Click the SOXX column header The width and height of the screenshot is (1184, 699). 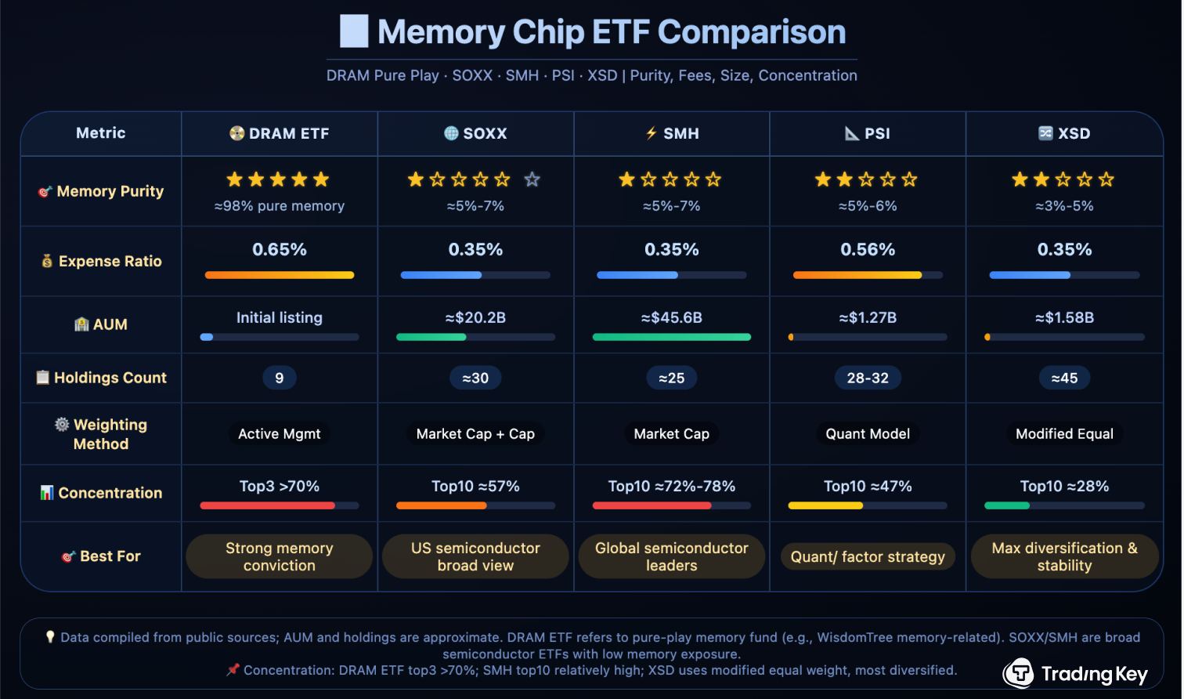(475, 133)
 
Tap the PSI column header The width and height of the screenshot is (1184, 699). (868, 133)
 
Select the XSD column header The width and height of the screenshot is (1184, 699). (1064, 133)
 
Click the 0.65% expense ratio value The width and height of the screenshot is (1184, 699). (280, 250)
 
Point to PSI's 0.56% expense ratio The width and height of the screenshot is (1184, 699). (868, 250)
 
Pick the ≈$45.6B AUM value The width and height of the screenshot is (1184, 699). (672, 317)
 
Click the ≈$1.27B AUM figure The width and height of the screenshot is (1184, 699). (868, 317)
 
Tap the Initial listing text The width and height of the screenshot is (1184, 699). (280, 317)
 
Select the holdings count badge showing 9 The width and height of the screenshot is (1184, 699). (280, 378)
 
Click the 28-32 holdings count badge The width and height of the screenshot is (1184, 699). (868, 378)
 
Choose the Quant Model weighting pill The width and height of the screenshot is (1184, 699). (868, 433)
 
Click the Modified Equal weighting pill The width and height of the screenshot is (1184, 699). (1064, 433)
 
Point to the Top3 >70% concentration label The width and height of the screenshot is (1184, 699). (280, 486)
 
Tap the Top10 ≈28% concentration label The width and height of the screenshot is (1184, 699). (1064, 486)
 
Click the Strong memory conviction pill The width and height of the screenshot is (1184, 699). (280, 556)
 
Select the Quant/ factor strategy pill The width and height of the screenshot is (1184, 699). (868, 556)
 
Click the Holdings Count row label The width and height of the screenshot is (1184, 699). (102, 378)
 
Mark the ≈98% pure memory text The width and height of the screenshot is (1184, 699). (280, 206)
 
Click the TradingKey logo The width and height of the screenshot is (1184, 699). (1075, 673)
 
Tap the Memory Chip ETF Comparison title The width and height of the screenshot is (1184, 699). (611, 32)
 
